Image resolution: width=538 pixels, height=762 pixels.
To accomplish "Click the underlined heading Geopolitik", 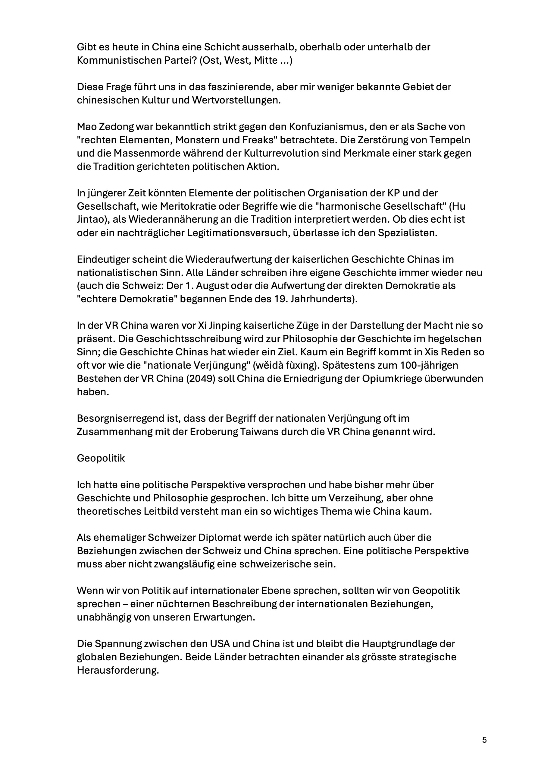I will [x=101, y=458].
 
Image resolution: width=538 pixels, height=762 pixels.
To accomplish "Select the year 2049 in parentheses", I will [x=203, y=378].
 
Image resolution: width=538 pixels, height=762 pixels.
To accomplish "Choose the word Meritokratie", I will [x=192, y=206].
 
